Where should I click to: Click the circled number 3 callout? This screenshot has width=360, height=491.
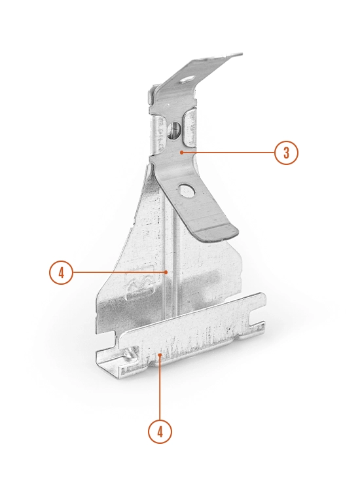pos(286,153)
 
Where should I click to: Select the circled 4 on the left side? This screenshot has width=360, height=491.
pos(61,272)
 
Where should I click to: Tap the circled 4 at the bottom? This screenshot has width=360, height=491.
pos(160,432)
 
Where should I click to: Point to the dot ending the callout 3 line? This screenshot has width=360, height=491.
pos(181,153)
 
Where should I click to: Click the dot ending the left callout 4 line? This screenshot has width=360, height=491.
pos(166,272)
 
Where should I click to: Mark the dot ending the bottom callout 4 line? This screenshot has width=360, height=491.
pos(160,354)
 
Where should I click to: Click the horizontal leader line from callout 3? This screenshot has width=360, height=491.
pos(228,153)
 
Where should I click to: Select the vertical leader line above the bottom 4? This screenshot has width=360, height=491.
pos(160,387)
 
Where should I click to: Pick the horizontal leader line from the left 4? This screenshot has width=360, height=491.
pos(120,272)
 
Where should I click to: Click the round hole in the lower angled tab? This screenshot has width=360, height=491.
pos(186,191)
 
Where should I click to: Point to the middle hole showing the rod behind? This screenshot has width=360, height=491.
pos(173,130)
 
